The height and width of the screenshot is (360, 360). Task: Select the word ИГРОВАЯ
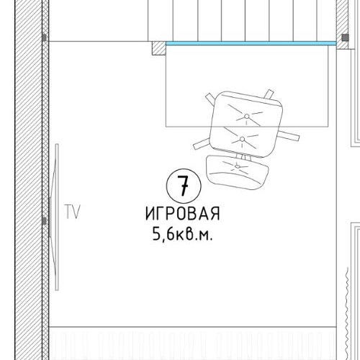[181, 215]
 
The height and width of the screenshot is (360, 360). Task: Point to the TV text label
[71, 212]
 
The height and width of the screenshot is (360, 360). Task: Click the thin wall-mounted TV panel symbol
[55, 216]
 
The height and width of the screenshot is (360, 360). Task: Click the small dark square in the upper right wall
[342, 36]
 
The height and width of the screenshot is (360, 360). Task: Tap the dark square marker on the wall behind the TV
[44, 221]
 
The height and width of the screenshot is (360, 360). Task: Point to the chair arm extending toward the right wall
[291, 135]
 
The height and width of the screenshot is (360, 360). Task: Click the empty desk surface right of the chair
[310, 94]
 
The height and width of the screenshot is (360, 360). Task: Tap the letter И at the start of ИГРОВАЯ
[150, 215]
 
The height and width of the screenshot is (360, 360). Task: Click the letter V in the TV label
[76, 212]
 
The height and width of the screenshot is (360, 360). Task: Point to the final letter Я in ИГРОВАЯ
[214, 215]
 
